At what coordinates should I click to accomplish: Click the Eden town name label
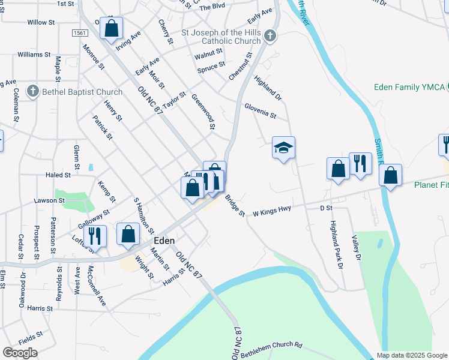pos(164,240)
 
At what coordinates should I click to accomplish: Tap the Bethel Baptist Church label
pos(82,92)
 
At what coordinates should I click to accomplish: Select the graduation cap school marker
pos(284,147)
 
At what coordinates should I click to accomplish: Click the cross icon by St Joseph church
pos(270,36)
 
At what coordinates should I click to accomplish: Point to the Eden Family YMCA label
pos(409,88)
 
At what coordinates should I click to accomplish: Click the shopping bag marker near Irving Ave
pos(111,28)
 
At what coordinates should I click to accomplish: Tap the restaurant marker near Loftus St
pos(95,235)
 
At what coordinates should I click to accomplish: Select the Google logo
pos(20,353)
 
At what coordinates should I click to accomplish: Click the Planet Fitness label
pos(431,185)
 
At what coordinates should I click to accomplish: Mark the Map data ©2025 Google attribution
pos(412,355)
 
